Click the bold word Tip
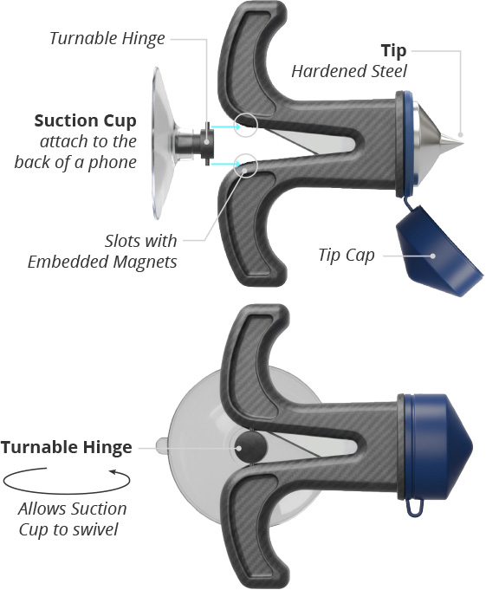[x=393, y=51]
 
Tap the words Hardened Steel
[x=349, y=71]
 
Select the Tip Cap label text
[x=347, y=256]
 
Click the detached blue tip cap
[x=437, y=251]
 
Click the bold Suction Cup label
[x=86, y=121]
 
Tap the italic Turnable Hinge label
[x=107, y=38]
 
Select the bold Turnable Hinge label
[x=67, y=447]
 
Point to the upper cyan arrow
[x=226, y=126]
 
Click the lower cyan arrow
[x=226, y=164]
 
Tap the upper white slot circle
[x=246, y=125]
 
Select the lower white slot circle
[x=246, y=165]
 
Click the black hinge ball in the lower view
[x=251, y=447]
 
